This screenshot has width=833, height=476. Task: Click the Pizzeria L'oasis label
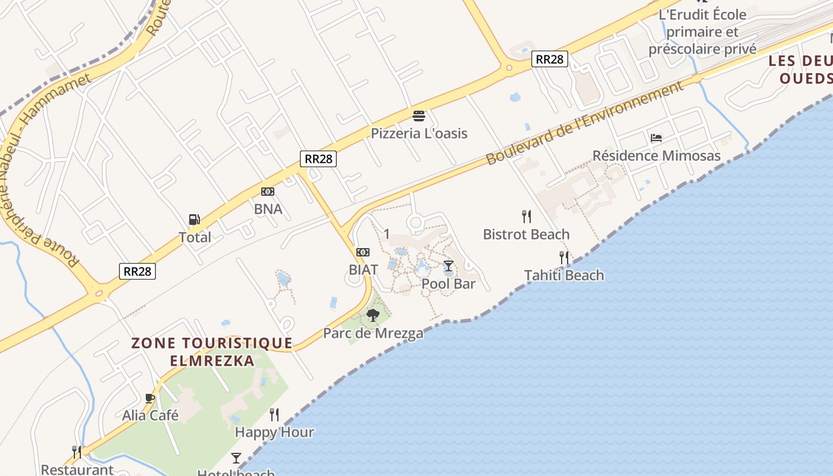pyautogui.click(x=419, y=133)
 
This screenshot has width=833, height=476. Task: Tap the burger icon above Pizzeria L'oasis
pyautogui.click(x=419, y=115)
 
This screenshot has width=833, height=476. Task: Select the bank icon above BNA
pyautogui.click(x=268, y=192)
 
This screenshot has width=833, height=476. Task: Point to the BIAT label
pyautogui.click(x=363, y=270)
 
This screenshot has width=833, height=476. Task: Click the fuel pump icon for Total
pyautogui.click(x=194, y=220)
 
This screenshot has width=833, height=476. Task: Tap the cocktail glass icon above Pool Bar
pyautogui.click(x=449, y=266)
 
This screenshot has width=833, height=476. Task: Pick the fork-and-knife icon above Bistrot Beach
pyautogui.click(x=527, y=216)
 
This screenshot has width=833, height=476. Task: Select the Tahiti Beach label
pyautogui.click(x=563, y=275)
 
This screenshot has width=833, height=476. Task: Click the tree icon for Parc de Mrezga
pyautogui.click(x=373, y=315)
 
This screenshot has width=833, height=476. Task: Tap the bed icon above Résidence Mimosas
pyautogui.click(x=656, y=138)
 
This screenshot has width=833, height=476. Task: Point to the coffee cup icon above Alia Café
pyautogui.click(x=150, y=398)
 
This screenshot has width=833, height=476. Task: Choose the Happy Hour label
pyautogui.click(x=274, y=432)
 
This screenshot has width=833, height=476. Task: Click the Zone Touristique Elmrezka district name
pyautogui.click(x=212, y=352)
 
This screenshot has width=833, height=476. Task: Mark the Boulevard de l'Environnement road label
pyautogui.click(x=584, y=124)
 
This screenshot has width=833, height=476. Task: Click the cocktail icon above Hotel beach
pyautogui.click(x=236, y=458)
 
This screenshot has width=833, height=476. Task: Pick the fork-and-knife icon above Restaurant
pyautogui.click(x=77, y=452)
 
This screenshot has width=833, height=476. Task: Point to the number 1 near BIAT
pyautogui.click(x=387, y=234)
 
